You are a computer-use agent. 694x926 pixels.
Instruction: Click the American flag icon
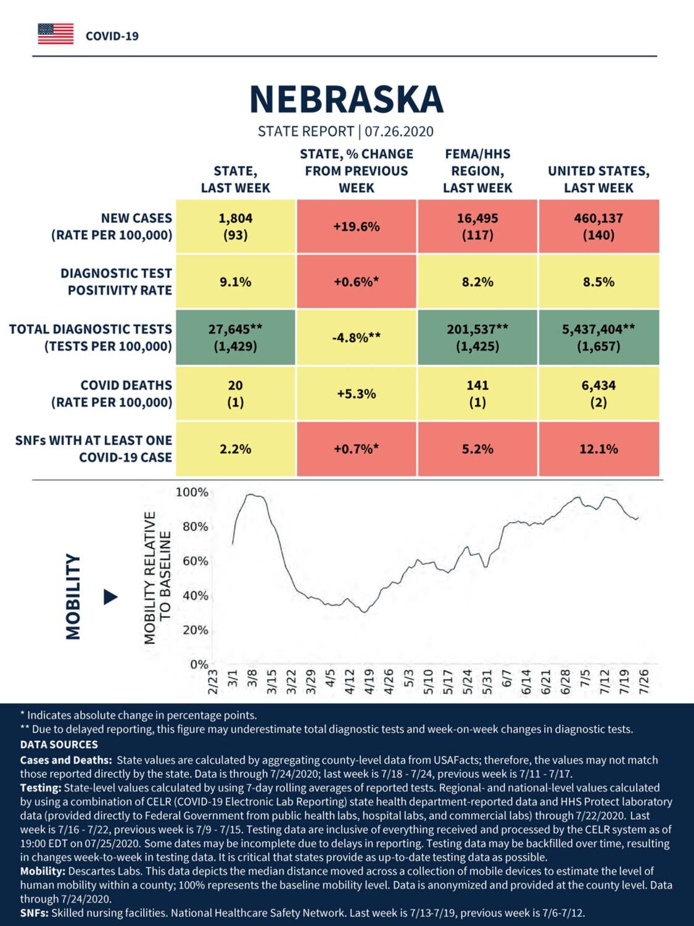click(56, 34)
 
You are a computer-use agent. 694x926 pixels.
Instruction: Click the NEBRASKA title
click(346, 99)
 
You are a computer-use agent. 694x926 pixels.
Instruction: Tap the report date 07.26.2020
click(399, 131)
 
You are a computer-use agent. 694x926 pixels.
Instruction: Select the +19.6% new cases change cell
click(357, 227)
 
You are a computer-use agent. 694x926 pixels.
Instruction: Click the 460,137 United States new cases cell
click(599, 227)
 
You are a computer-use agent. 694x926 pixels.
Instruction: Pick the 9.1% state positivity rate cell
click(236, 282)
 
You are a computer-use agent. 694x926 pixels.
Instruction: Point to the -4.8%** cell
click(357, 337)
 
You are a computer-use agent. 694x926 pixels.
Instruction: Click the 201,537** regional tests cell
click(477, 337)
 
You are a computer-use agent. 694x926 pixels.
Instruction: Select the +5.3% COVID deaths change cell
click(357, 394)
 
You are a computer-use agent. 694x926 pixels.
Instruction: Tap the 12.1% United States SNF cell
click(599, 449)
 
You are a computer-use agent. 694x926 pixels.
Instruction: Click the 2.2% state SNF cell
click(236, 449)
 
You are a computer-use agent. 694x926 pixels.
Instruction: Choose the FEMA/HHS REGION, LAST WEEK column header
click(477, 171)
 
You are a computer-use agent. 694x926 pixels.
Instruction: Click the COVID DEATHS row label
click(112, 394)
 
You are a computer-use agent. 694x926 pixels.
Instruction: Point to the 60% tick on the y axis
click(196, 561)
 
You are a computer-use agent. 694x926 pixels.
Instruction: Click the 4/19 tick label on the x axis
click(369, 682)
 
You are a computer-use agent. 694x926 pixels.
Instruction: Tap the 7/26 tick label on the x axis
click(644, 682)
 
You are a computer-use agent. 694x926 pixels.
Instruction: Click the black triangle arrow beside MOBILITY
click(110, 597)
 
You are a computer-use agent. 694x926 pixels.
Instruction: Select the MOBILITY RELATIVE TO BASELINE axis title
click(157, 578)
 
